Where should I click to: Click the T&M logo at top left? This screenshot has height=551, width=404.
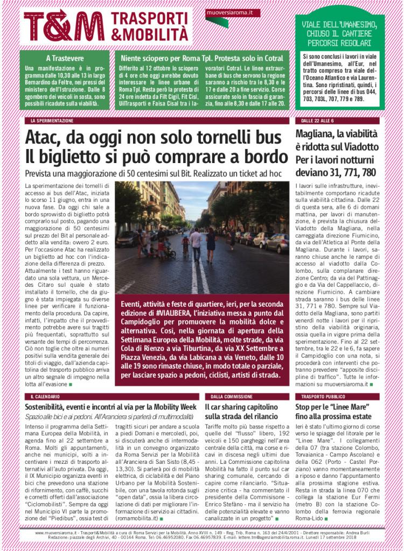coord(64,25)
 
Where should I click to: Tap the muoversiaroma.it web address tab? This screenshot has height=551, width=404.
coord(226,12)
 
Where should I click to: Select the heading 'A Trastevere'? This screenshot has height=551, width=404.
coord(64,58)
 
